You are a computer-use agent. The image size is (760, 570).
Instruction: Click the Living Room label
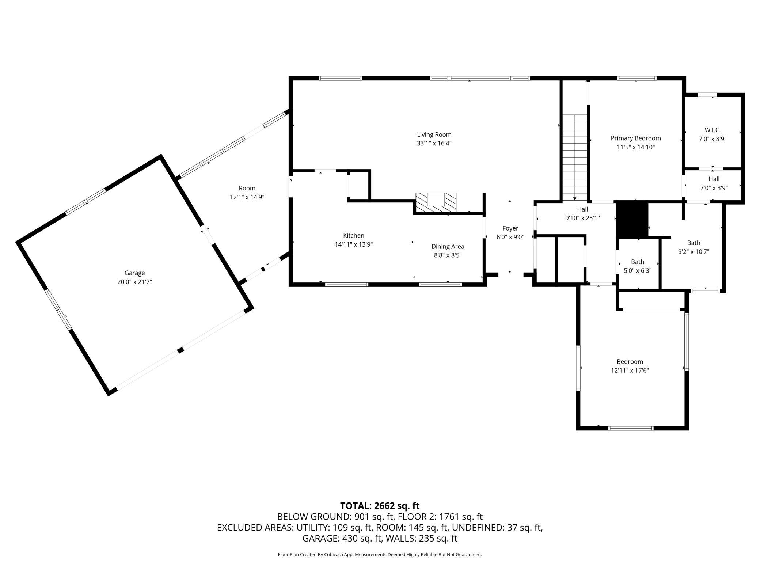[434, 135]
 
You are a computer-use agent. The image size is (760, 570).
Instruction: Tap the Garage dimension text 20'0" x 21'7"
[134, 282]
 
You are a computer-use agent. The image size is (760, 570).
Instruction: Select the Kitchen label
[353, 236]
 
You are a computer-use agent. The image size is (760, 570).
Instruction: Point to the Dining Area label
[448, 247]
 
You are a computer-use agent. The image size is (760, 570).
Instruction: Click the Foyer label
[510, 229]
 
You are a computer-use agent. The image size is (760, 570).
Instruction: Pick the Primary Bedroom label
[636, 138]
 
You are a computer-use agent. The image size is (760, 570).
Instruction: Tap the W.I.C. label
[712, 130]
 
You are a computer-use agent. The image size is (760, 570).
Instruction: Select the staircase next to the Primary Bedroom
[575, 157]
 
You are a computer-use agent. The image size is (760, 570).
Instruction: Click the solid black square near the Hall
[632, 220]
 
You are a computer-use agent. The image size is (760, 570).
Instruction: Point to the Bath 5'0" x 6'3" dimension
[638, 271]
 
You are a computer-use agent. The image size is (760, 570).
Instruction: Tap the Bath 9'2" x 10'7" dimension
[693, 252]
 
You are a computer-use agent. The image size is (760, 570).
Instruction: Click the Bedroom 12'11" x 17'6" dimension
[630, 370]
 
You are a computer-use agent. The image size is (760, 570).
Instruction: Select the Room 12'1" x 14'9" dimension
[247, 197]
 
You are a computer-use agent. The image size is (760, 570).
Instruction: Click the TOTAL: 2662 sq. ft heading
[380, 506]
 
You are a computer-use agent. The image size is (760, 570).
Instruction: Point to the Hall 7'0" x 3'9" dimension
[714, 188]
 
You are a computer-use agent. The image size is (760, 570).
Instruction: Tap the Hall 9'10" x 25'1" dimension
[582, 218]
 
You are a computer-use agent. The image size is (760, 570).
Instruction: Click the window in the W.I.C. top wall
[707, 95]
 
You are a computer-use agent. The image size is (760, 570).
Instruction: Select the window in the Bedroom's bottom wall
[631, 428]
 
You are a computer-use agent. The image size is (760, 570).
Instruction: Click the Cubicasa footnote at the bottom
[380, 555]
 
